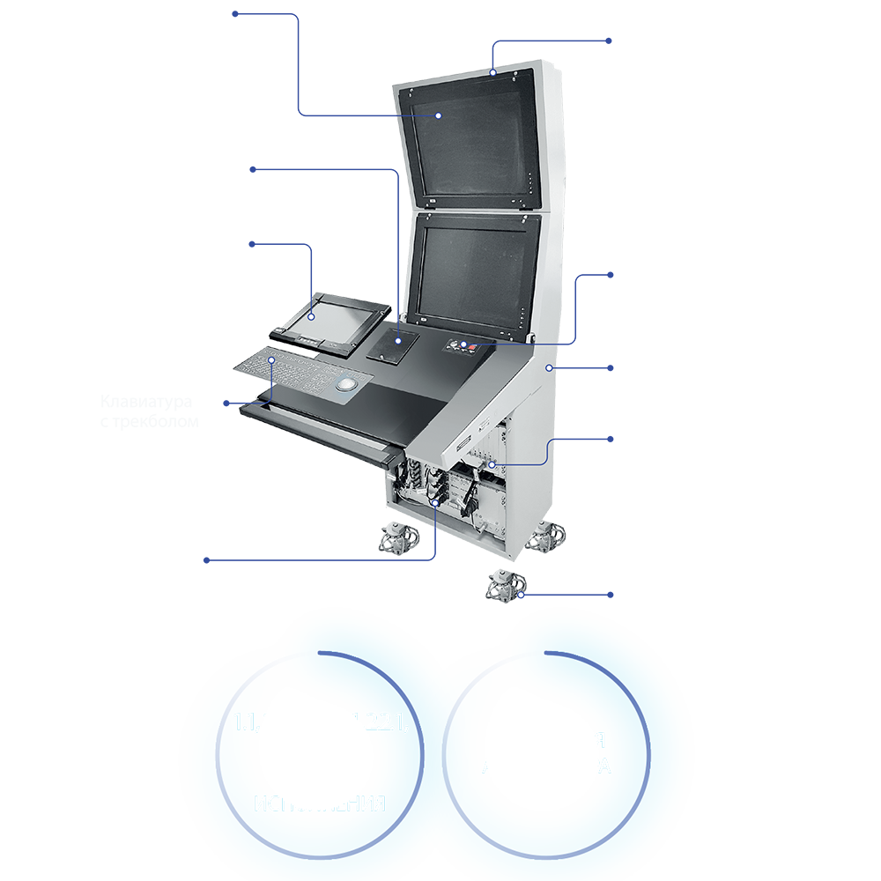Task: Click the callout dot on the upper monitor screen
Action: coord(437,115)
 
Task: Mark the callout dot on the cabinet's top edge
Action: coord(493,71)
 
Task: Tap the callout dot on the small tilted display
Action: coord(312,315)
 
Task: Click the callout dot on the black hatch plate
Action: coord(397,339)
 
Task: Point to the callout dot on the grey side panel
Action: coord(549,366)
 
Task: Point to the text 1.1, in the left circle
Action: coord(248,723)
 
